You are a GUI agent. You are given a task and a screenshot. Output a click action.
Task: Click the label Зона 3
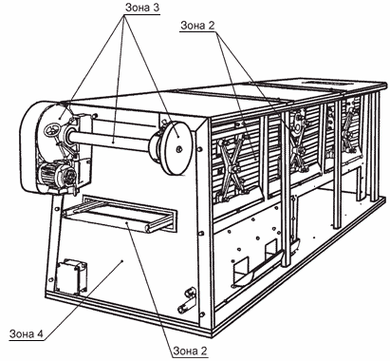[x=142, y=8]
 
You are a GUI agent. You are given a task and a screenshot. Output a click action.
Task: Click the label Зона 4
[x=26, y=333]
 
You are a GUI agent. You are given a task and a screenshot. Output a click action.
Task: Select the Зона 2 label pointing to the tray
[x=190, y=351]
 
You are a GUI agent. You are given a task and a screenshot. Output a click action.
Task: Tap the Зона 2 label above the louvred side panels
[x=197, y=26]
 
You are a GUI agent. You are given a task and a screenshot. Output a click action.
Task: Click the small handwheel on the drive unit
[x=52, y=130]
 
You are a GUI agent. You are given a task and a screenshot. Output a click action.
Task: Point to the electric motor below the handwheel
[x=57, y=174]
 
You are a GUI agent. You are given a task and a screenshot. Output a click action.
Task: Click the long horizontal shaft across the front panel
[x=111, y=140]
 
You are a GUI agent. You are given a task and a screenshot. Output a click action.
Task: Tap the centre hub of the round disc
[x=179, y=149]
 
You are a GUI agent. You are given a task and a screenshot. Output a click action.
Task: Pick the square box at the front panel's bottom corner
[x=71, y=276]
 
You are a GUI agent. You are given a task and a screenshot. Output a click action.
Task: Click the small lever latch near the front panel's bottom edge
[x=186, y=300]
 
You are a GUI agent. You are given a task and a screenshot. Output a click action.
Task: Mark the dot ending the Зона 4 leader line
[x=122, y=260]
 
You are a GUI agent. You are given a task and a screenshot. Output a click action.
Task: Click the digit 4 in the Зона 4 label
[x=40, y=333]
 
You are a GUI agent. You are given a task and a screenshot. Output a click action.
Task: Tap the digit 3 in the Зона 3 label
[x=156, y=8]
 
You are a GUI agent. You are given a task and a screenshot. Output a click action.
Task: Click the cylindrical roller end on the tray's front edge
[x=149, y=227]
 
